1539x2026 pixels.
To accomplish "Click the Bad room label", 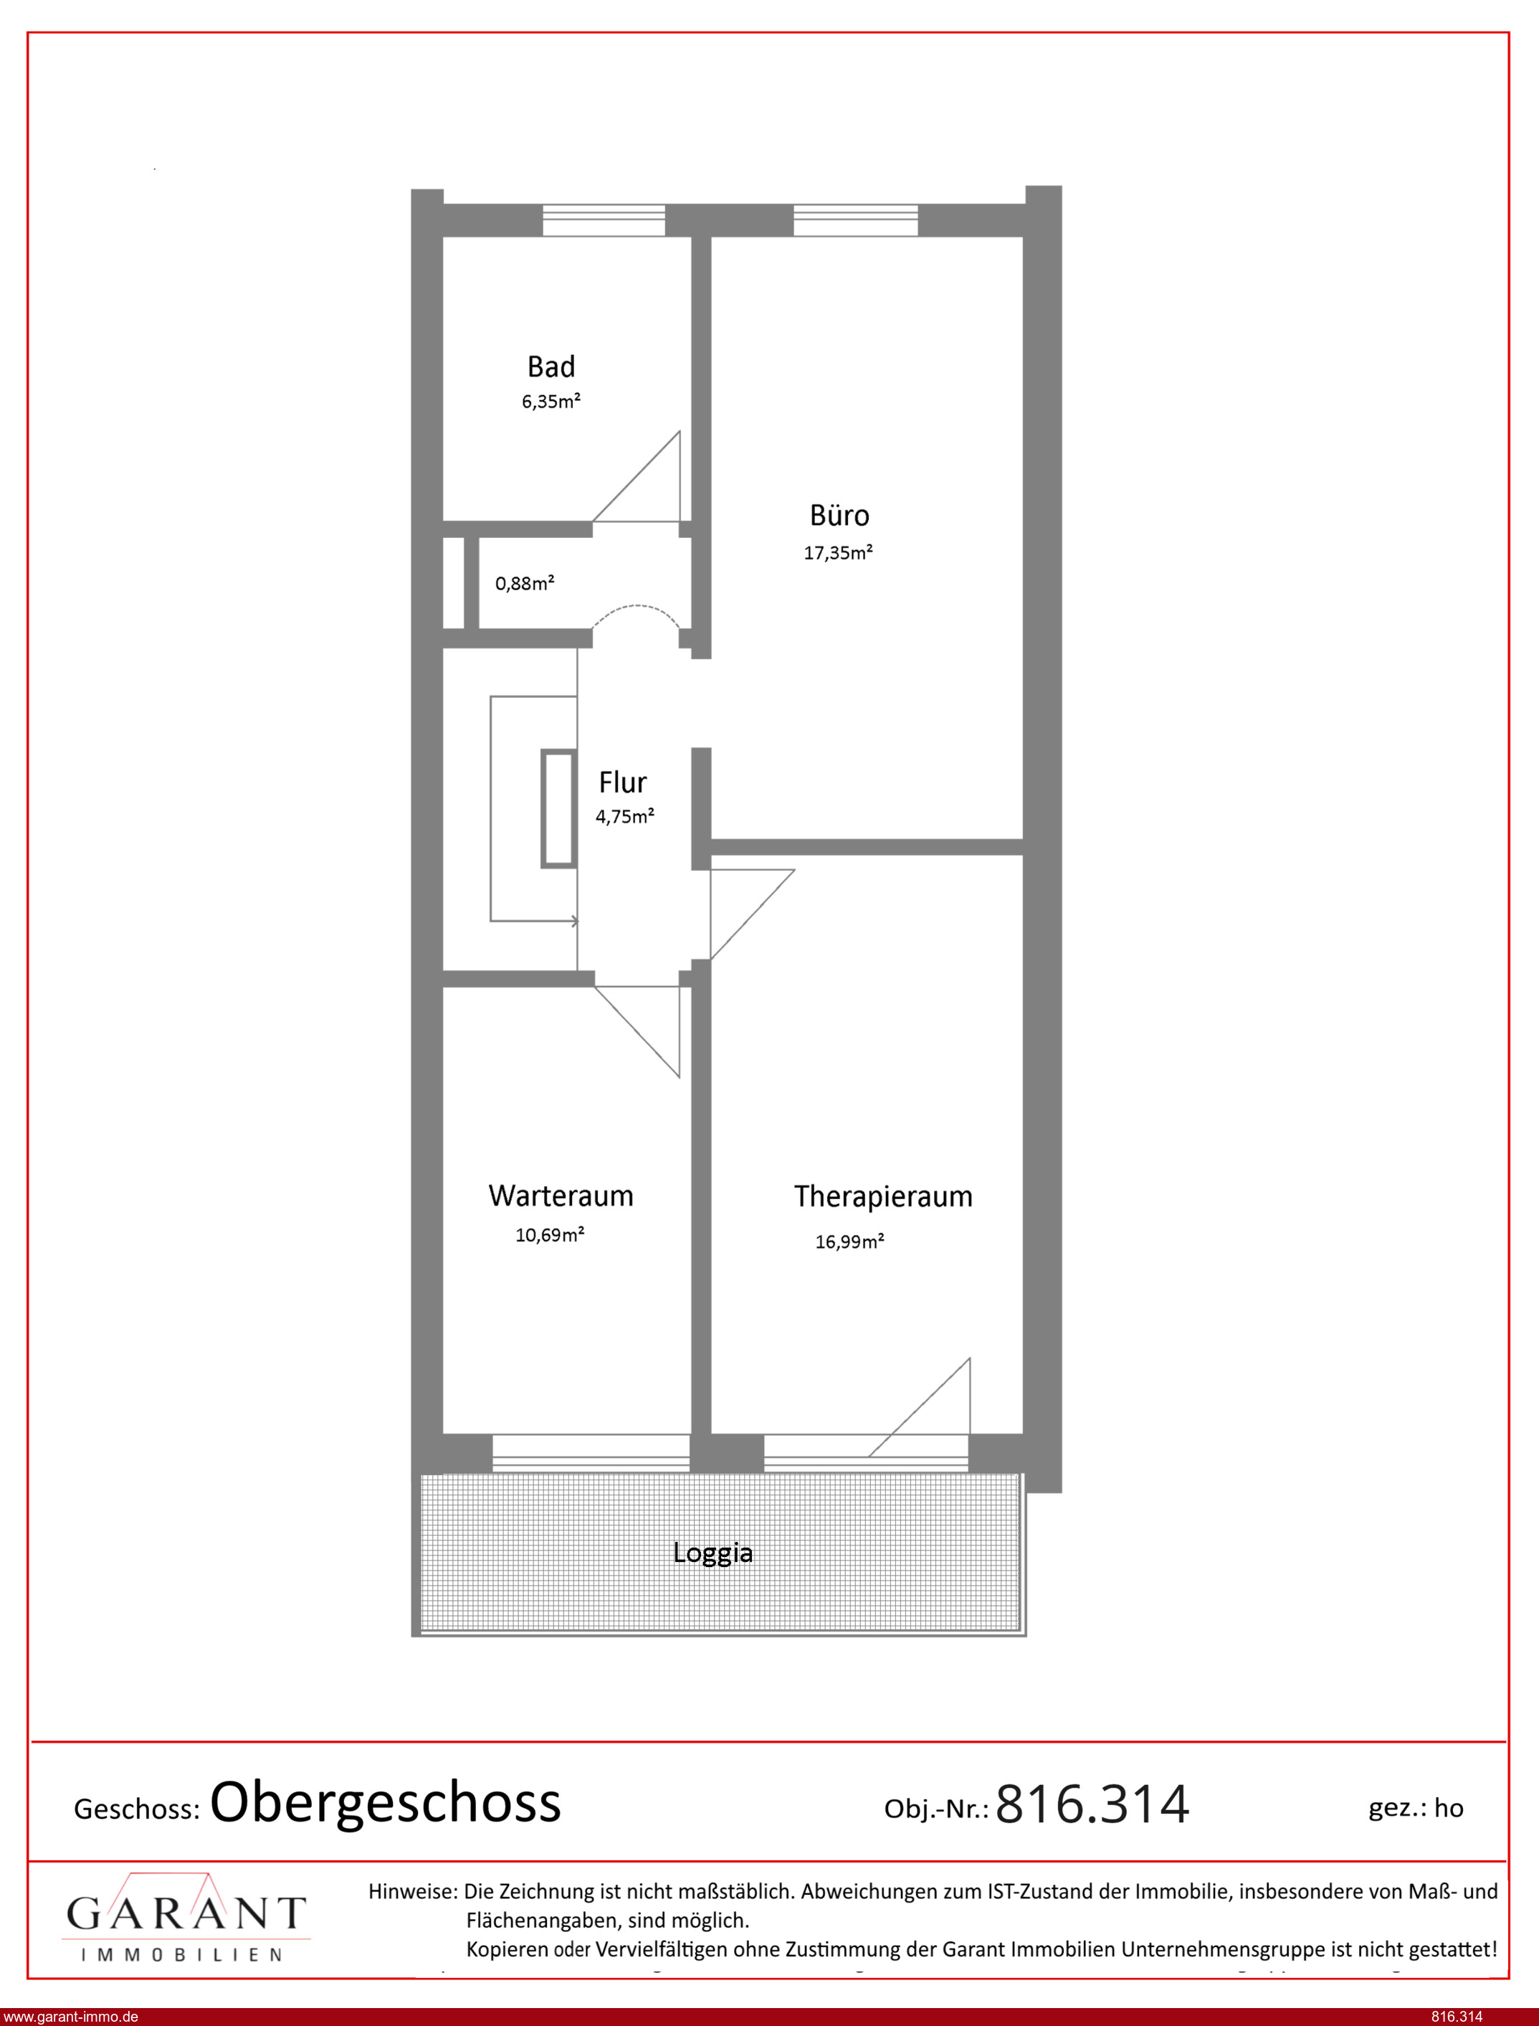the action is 551,366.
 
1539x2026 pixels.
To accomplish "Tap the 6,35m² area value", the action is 551,402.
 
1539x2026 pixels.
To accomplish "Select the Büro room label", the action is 839,515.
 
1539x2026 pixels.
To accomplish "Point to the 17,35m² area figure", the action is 837,552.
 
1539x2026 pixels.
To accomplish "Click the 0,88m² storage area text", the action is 524,583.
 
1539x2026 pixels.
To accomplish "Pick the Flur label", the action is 622,782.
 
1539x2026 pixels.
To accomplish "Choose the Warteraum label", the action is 561,1196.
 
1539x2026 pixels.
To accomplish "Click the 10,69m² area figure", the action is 550,1234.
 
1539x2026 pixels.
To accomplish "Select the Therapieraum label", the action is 883,1197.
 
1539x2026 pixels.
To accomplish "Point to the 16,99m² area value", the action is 849,1241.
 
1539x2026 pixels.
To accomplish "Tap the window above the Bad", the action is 604,221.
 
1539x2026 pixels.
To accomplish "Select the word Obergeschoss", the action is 385,1804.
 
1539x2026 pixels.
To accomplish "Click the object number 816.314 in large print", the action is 1092,1804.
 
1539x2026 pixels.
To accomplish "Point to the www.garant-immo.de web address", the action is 70,2017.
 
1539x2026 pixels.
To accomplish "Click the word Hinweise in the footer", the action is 412,1890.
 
